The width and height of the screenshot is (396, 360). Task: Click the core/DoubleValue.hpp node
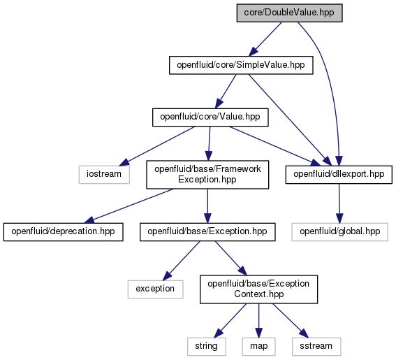coord(289,13)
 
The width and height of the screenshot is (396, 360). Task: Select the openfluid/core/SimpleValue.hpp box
coord(241,65)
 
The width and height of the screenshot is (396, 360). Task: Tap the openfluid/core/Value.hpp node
coord(210,117)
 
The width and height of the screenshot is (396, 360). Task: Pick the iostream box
coord(104,175)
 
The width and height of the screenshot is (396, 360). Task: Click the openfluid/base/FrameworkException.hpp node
coord(207,175)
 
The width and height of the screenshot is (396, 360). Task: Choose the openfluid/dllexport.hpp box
coord(339,175)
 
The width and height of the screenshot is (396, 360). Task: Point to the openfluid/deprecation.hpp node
coord(63,232)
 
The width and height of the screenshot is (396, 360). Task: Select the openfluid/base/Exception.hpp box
coord(207,232)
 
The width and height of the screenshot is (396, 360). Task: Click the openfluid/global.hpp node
coord(339,232)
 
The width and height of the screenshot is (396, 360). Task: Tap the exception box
coord(155,289)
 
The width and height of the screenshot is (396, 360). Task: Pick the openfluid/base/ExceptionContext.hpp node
coord(258,289)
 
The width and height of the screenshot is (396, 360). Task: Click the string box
coord(207,347)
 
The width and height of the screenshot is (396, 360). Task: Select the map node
coord(258,347)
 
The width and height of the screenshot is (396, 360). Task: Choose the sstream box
coord(316,347)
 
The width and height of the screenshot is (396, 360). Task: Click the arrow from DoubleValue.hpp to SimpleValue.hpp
coord(265,39)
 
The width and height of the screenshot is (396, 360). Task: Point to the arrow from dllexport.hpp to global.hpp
coord(339,203)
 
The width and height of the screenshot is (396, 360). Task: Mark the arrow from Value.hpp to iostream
coord(157,146)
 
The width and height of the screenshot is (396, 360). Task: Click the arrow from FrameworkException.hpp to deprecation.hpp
coord(129,206)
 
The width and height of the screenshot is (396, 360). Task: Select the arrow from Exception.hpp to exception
coord(182,261)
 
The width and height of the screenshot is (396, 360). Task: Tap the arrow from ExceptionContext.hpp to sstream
coord(291,321)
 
